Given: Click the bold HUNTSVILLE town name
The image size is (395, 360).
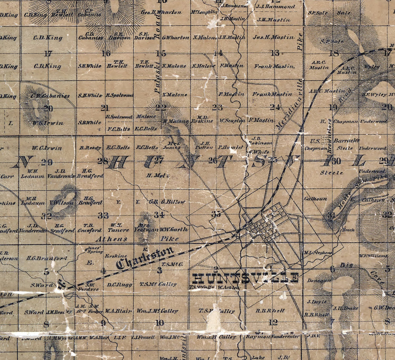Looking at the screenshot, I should click(x=246, y=278).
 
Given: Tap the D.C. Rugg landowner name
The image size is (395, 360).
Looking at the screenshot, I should click(x=119, y=285).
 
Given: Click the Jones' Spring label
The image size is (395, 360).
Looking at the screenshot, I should click(x=95, y=249).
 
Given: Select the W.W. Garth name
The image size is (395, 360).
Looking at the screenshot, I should click(x=174, y=229).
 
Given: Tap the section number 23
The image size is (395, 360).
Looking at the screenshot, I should click(x=217, y=107).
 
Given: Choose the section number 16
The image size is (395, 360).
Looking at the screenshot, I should click(x=106, y=53).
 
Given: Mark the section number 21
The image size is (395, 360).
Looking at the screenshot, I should click(x=104, y=108).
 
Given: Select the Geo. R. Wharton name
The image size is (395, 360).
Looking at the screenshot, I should click(x=161, y=12).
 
